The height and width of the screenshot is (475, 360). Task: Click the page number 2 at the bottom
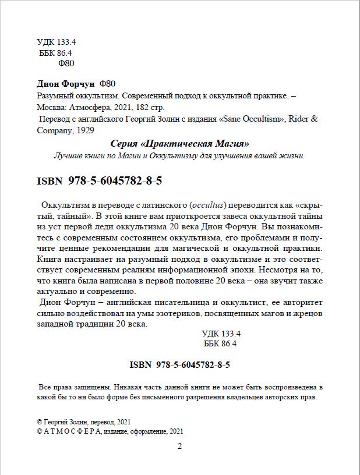tap(179, 446)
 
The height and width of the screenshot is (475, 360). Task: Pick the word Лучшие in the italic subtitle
tap(68, 156)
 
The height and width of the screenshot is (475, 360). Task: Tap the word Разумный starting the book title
tap(53, 97)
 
